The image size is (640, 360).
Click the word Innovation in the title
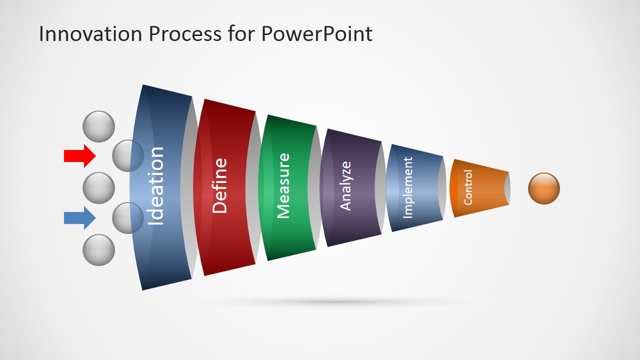(x=90, y=33)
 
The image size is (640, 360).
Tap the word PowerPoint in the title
(x=316, y=33)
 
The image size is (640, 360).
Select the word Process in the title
(x=185, y=33)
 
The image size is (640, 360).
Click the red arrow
(x=79, y=156)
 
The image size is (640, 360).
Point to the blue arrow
(x=79, y=218)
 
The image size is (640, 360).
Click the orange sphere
(x=544, y=188)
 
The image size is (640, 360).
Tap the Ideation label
(x=155, y=186)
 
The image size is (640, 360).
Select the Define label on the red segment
(x=219, y=185)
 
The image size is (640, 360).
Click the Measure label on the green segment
(x=283, y=186)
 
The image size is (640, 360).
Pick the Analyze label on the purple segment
(x=345, y=186)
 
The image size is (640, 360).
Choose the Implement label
(x=407, y=187)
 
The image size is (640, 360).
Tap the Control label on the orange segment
(x=468, y=187)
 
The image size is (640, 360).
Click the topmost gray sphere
(x=99, y=126)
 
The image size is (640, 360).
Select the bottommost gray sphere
(x=99, y=250)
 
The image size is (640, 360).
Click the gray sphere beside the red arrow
(x=127, y=155)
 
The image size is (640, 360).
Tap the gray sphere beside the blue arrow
(x=127, y=218)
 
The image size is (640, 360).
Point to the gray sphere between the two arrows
(x=99, y=188)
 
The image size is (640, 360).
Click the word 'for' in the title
(x=241, y=33)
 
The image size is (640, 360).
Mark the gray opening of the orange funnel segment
(x=507, y=188)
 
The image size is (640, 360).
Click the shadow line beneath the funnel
(x=337, y=301)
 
